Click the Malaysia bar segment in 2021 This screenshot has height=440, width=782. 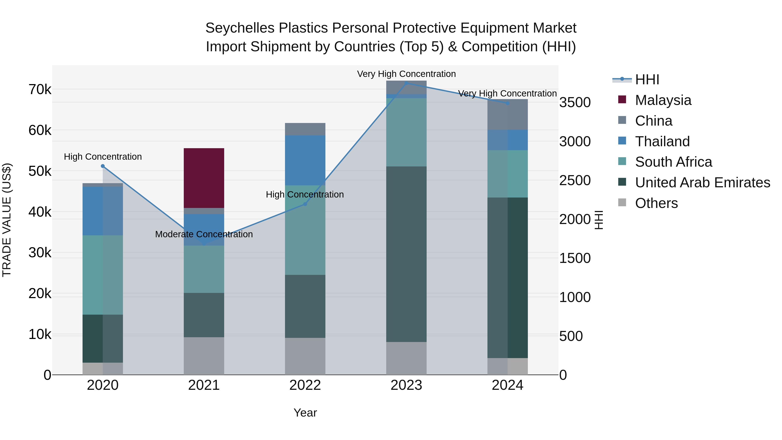[x=204, y=178]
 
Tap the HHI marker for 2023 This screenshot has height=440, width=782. [x=406, y=83]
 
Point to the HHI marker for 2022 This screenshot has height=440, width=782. [x=305, y=204]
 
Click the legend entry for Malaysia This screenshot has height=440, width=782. [x=663, y=100]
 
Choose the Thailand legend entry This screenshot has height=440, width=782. [x=662, y=141]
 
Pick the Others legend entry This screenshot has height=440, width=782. [x=656, y=203]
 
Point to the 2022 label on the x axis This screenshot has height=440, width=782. [x=305, y=385]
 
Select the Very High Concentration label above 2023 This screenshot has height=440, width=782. [x=406, y=74]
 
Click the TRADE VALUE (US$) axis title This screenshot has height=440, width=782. [x=7, y=220]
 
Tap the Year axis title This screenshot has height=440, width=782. [x=305, y=413]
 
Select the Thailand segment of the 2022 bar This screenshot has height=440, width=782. [x=305, y=160]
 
